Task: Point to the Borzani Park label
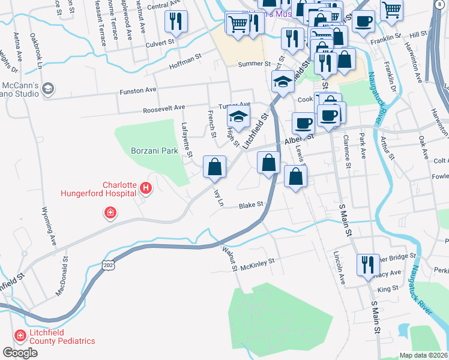pyautogui.click(x=154, y=151)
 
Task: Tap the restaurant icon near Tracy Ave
pyautogui.click(x=366, y=264)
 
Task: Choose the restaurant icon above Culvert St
pyautogui.click(x=176, y=22)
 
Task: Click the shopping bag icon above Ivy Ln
pyautogui.click(x=214, y=166)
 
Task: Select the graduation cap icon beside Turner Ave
pyautogui.click(x=238, y=118)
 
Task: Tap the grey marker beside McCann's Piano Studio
pyautogui.click(x=48, y=89)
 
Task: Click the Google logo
pyautogui.click(x=20, y=353)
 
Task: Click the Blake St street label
pyautogui.click(x=252, y=205)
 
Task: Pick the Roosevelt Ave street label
pyautogui.click(x=163, y=109)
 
